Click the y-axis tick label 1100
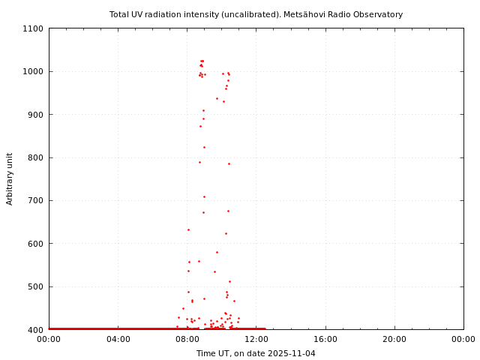click(34, 28)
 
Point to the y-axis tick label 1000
click(34, 71)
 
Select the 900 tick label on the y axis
click(37, 115)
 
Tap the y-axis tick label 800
click(37, 157)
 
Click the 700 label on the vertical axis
click(37, 200)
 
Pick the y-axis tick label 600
click(37, 244)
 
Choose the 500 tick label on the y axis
click(37, 286)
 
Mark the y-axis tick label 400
click(37, 330)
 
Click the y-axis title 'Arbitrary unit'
click(10, 178)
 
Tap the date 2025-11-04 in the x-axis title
click(292, 353)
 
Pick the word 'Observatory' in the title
click(378, 14)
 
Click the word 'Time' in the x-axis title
click(205, 353)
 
